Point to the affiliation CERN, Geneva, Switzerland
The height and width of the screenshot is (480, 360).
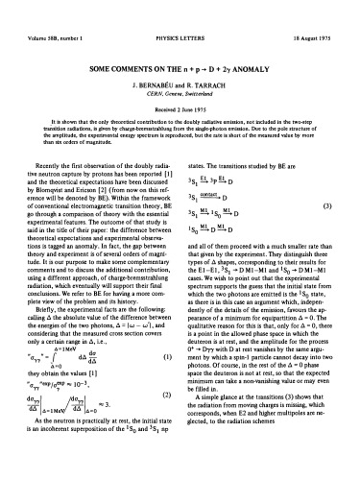coord(179,68)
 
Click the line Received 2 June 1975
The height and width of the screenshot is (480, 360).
coord(179,84)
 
